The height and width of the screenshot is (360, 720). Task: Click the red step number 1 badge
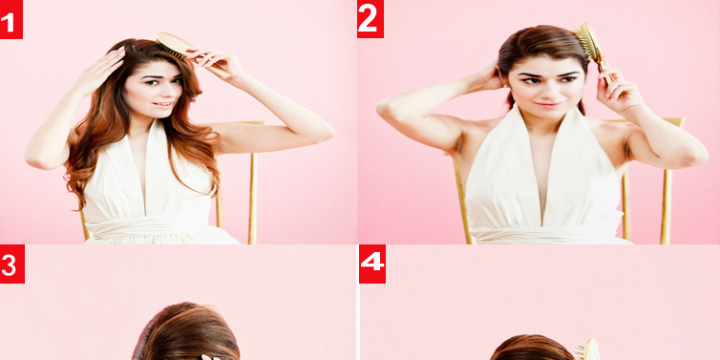click(11, 19)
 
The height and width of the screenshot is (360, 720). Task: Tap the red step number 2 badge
click(371, 19)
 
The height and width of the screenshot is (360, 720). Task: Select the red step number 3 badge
click(12, 264)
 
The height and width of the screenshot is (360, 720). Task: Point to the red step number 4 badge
click(372, 264)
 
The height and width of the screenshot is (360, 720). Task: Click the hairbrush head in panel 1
click(172, 45)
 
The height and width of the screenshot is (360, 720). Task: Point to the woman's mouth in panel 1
click(162, 104)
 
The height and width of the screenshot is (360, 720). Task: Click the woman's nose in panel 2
click(548, 90)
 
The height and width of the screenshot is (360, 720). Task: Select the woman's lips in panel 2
click(550, 105)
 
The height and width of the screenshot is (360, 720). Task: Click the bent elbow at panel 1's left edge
click(36, 159)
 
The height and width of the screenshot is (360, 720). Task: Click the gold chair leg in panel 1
click(252, 198)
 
